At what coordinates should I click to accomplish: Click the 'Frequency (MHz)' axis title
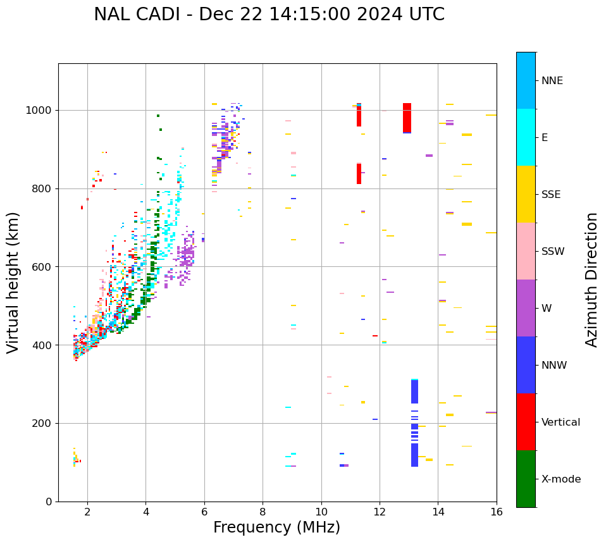(276, 527)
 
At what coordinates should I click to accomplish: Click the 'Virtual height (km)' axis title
(13, 282)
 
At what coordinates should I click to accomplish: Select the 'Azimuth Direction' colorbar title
(591, 280)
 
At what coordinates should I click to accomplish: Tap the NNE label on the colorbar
(552, 81)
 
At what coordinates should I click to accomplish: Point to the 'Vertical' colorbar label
(560, 422)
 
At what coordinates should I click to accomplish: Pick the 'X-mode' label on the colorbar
(560, 479)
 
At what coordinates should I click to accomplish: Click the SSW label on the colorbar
(553, 252)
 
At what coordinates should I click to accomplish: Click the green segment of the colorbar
(526, 479)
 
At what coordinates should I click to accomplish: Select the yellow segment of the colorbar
(526, 194)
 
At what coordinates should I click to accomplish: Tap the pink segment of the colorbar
(526, 251)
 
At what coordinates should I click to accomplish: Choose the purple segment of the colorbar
(526, 308)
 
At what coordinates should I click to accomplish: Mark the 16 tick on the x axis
(497, 512)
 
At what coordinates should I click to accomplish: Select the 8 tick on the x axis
(263, 512)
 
